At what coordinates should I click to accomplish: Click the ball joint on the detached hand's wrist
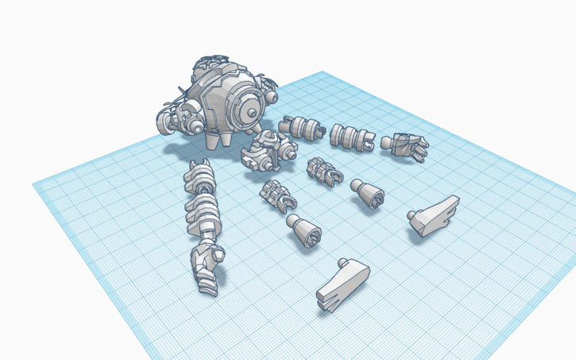point(387,143)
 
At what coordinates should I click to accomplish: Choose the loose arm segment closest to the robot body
point(301,127)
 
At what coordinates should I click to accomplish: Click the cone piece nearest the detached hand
point(367,192)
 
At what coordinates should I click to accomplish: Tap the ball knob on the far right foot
point(411,215)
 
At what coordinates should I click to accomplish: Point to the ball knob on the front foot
point(342,262)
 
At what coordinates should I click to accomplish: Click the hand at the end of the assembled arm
point(206,267)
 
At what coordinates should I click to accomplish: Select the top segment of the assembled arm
point(199,176)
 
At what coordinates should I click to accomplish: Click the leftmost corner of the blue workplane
point(33,184)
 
